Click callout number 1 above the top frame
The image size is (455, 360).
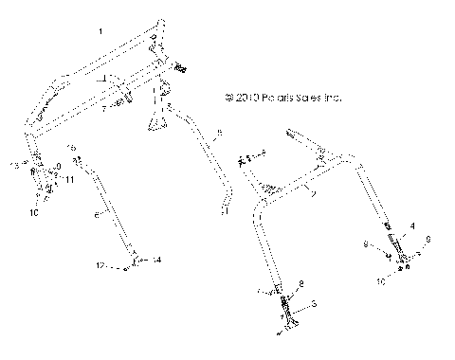tap(100, 32)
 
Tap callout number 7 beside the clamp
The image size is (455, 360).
tap(104, 109)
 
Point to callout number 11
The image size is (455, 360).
tap(70, 180)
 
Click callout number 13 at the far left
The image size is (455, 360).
tap(13, 165)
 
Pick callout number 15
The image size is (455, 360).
tap(71, 147)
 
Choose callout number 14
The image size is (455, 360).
tap(157, 259)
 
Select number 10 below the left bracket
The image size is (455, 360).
tap(35, 213)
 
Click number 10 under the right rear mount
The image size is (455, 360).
tap(383, 281)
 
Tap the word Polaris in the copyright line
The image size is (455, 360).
tap(284, 97)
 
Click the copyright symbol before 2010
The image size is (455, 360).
tap(227, 97)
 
